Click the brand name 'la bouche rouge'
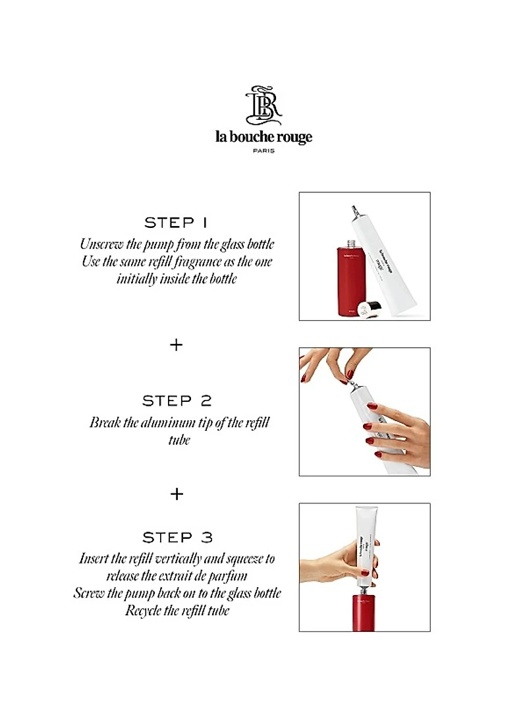(x=263, y=137)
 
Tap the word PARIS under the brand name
(x=263, y=150)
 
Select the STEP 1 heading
(x=178, y=222)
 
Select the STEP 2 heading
(x=178, y=401)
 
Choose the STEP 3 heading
(x=178, y=537)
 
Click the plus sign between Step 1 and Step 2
(x=177, y=345)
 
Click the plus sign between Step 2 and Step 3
(x=177, y=493)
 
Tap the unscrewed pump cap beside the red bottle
(x=369, y=307)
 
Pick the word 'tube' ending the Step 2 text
(x=179, y=439)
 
